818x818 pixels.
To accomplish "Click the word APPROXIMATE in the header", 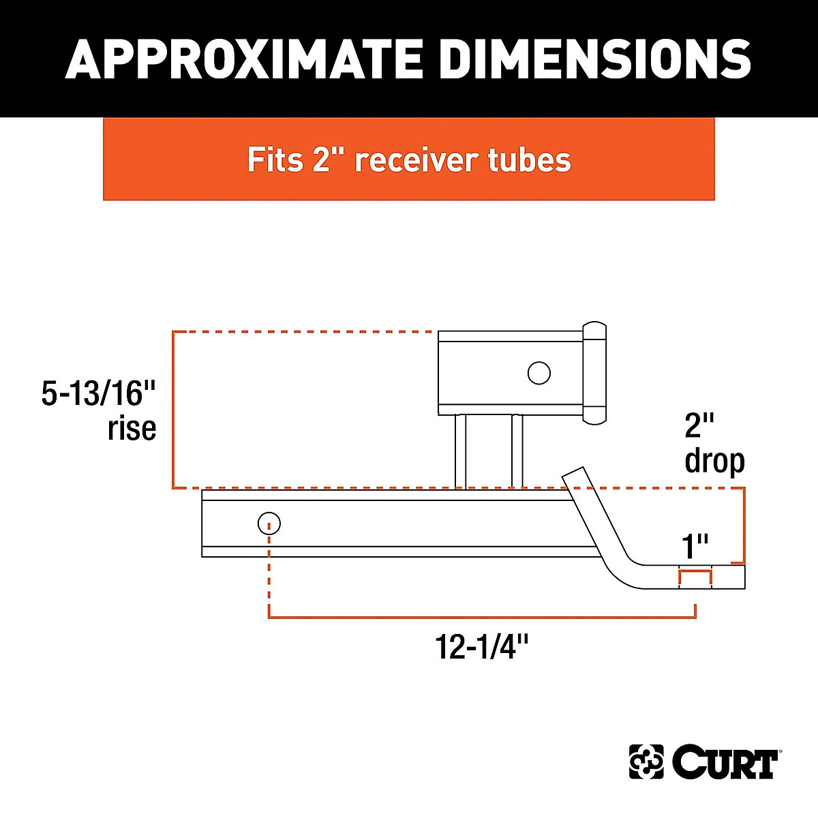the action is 243,59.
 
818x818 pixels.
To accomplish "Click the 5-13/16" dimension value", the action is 98,393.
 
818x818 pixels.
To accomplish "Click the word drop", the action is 715,463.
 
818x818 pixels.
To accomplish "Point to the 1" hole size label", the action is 695,546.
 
